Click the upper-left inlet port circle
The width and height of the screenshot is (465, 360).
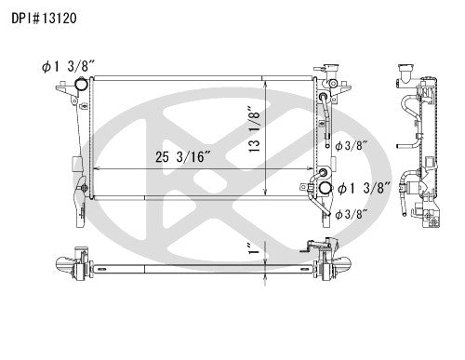pos(80,87)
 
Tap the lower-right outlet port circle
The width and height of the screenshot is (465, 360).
pos(325,190)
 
